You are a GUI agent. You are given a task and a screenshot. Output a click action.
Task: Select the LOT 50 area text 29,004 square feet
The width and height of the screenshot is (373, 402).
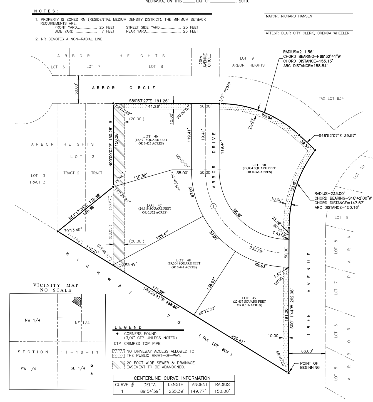click(x=259, y=168)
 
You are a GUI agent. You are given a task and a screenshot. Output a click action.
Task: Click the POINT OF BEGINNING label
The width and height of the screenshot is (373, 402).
click(x=310, y=365)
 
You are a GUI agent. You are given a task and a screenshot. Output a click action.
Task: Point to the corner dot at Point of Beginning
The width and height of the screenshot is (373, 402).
click(x=289, y=372)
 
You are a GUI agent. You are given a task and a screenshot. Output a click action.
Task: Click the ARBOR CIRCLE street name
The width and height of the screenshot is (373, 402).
click(x=124, y=88)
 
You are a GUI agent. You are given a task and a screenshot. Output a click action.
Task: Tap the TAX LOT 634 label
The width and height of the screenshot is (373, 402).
click(x=331, y=99)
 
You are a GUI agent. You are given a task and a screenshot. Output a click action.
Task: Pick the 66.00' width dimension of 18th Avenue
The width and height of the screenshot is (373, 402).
click(x=307, y=351)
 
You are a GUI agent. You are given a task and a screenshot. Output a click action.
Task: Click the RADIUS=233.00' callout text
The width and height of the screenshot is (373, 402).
click(x=329, y=193)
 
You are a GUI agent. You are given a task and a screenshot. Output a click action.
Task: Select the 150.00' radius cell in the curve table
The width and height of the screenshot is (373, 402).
click(x=222, y=391)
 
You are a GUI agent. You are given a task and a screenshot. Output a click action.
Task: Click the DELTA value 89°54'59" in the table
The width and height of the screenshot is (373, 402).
click(x=150, y=391)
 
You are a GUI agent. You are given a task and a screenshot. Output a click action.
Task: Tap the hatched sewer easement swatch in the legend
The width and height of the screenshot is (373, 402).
click(x=118, y=365)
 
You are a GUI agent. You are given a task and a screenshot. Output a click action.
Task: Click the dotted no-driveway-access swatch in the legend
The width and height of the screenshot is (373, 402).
click(x=118, y=353)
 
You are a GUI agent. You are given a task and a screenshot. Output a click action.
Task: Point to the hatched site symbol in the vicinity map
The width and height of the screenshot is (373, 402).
click(x=77, y=301)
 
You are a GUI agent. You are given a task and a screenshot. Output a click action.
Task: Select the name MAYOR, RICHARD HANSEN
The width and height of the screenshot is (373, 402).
click(x=289, y=16)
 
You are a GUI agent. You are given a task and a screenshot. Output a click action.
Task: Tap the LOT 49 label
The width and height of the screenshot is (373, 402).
click(x=249, y=298)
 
